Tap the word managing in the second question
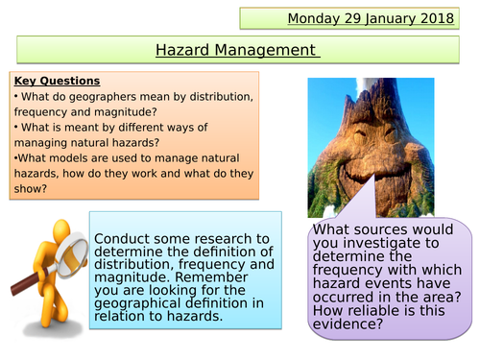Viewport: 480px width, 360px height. pos(40,144)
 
